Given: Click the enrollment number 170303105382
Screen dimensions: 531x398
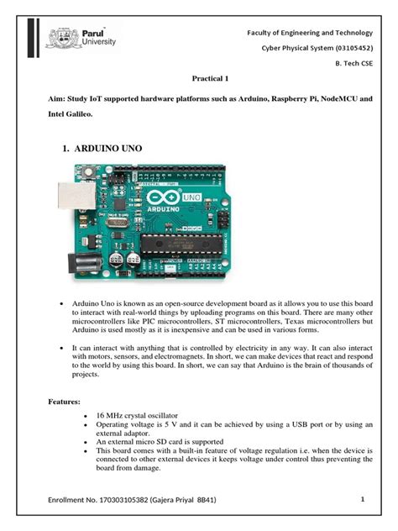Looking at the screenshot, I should point(118,502).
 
